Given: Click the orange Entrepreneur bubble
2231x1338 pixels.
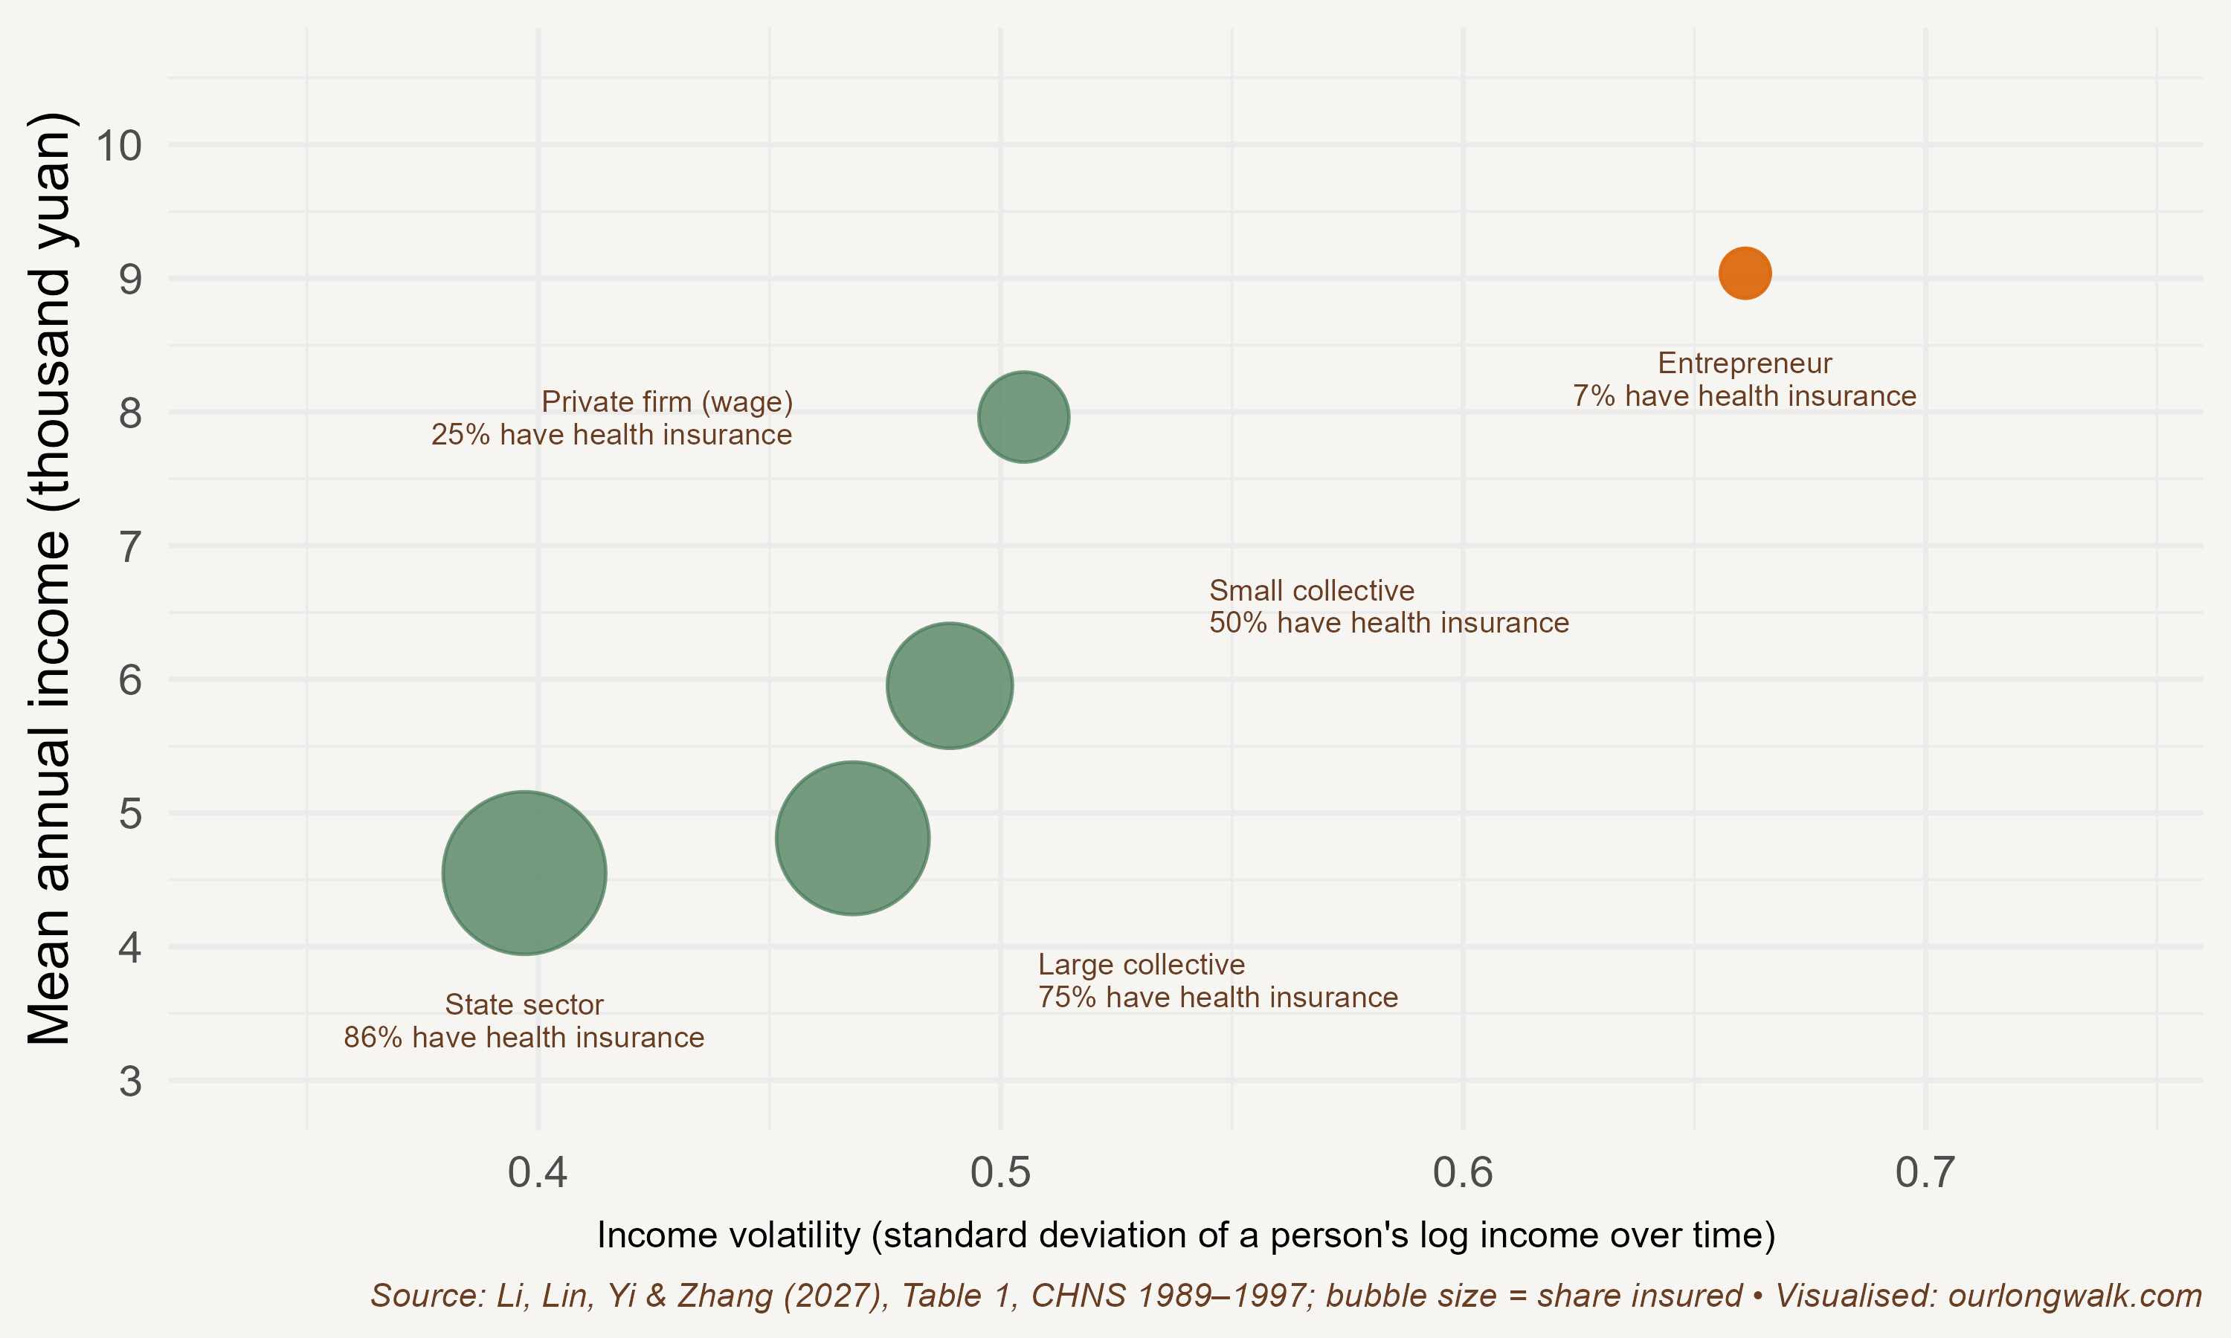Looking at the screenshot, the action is click(x=1745, y=272).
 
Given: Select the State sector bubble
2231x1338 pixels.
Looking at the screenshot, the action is click(x=524, y=873).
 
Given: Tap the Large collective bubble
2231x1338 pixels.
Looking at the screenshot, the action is click(x=852, y=838).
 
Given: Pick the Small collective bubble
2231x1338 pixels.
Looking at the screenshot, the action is click(x=950, y=685).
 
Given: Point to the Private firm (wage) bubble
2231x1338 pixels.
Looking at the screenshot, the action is click(x=1023, y=416).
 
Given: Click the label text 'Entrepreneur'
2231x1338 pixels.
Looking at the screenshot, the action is click(x=1745, y=363).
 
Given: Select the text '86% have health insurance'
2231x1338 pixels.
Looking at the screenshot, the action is click(x=524, y=1037).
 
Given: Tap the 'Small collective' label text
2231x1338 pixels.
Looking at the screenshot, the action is click(x=1311, y=590).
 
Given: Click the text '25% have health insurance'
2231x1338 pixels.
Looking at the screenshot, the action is click(x=611, y=435).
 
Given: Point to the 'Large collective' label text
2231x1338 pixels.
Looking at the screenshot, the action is click(x=1141, y=965).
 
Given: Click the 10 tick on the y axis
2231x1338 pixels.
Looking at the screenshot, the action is click(x=119, y=145).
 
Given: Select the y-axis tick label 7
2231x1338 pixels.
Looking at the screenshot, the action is click(x=131, y=546).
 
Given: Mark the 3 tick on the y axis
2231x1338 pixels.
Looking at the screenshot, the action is click(x=131, y=1080).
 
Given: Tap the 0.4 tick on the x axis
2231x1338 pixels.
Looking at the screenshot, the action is click(x=538, y=1172).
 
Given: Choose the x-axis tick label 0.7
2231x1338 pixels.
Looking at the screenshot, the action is click(x=1925, y=1172).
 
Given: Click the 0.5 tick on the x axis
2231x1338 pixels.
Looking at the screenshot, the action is click(x=1000, y=1172).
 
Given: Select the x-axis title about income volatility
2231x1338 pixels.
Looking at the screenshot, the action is click(x=1186, y=1235).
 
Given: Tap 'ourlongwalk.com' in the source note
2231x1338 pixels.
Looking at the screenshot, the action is click(x=2075, y=1296).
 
